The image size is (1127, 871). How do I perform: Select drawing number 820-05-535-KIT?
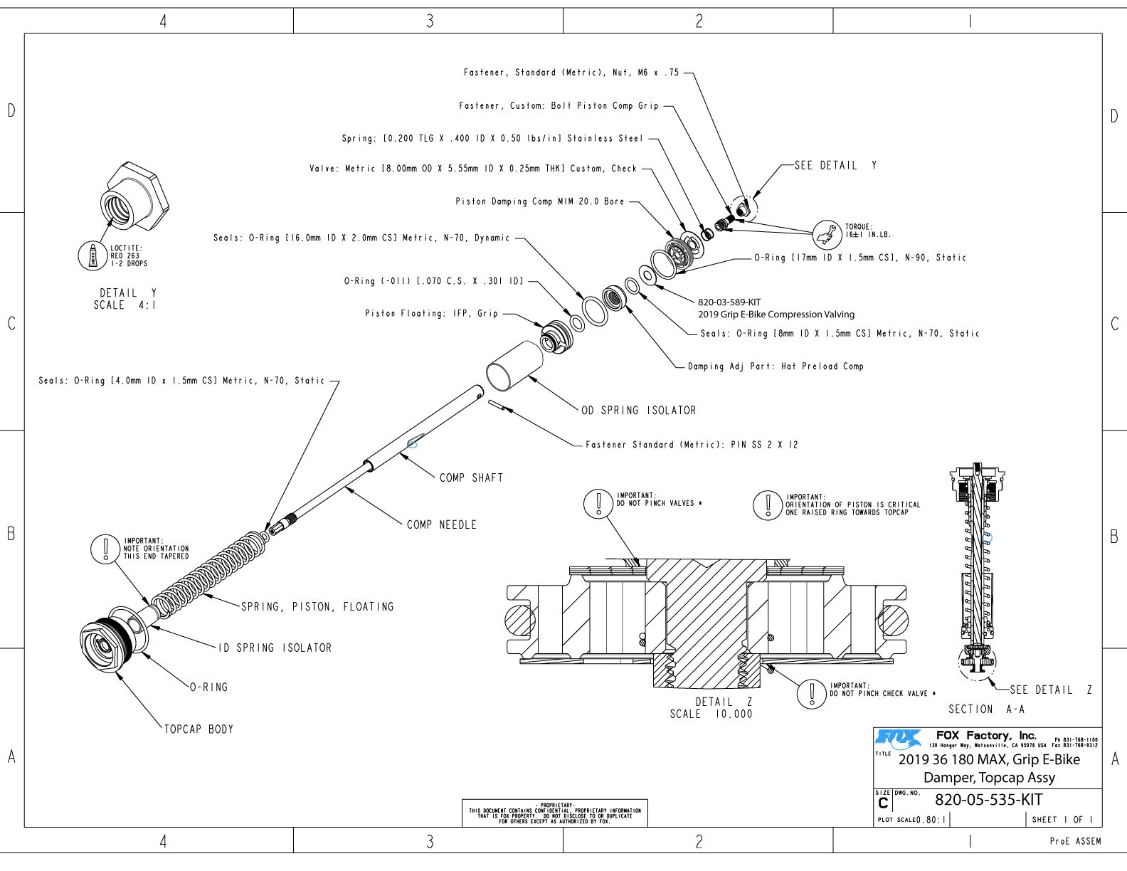988,800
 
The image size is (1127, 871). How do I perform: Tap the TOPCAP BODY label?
199,729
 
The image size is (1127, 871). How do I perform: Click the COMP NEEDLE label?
441,525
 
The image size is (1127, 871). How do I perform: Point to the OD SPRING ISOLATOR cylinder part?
513,364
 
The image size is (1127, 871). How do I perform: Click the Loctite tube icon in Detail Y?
92,255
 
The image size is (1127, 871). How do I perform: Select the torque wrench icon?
827,234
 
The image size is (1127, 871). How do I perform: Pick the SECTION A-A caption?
986,709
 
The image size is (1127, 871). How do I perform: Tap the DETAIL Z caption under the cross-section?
723,702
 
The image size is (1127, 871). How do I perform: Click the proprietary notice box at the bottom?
554,813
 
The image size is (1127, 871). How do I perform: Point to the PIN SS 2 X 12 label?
691,445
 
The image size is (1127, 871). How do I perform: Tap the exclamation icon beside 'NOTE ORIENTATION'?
106,549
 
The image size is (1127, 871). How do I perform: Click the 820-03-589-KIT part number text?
729,302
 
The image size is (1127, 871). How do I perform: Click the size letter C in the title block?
883,803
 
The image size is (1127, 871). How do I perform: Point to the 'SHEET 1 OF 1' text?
1062,820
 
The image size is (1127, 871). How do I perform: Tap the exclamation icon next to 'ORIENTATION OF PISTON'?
768,505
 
